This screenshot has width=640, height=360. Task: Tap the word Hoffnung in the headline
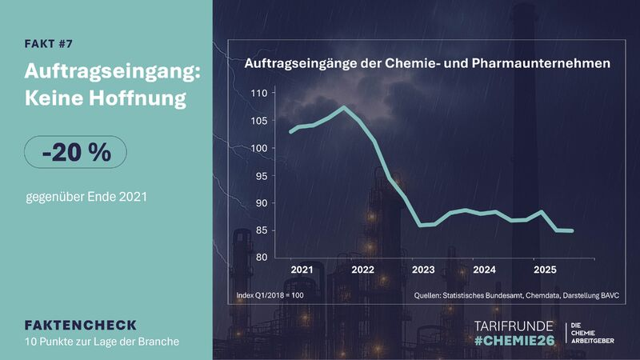pos(141,99)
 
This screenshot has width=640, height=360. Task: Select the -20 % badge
pos(75,151)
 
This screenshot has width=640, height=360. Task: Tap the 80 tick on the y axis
pos(261,258)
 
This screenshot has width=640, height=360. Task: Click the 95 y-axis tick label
pos(261,176)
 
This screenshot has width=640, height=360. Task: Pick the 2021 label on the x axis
pos(301,270)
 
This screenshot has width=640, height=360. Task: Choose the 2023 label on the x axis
pos(422,270)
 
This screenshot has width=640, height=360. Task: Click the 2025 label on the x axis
pos(544,270)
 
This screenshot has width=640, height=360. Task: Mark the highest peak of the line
pos(343,107)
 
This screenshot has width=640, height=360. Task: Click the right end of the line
pos(572,230)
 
